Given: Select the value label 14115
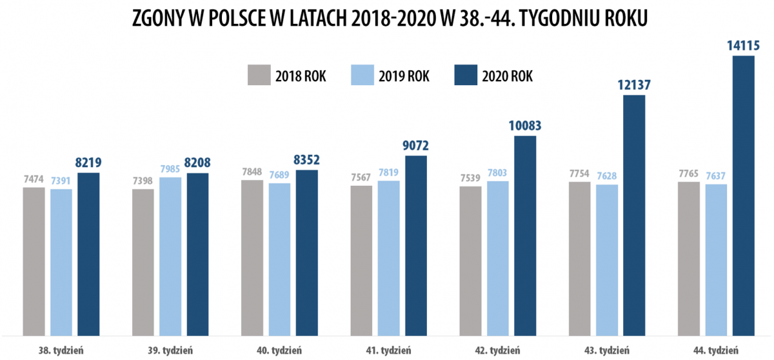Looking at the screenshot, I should click(x=743, y=45).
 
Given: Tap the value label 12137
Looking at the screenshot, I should click(x=634, y=85).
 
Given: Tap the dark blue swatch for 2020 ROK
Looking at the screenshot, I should click(x=466, y=75).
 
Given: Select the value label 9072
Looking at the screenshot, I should click(x=416, y=145).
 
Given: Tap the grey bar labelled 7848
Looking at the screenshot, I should click(x=252, y=257).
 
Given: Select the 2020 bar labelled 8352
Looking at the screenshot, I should click(x=307, y=252).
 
